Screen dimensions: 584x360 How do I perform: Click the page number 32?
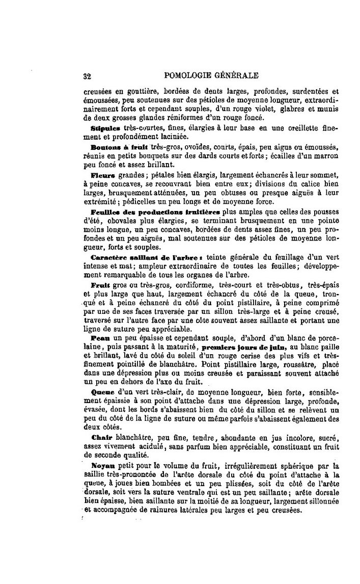(x=87, y=77)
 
